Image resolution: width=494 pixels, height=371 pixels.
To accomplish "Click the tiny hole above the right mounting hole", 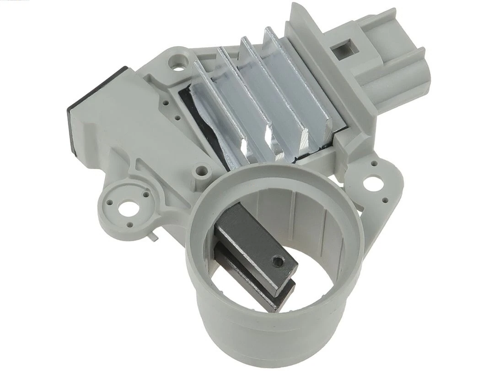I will point(375,163).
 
